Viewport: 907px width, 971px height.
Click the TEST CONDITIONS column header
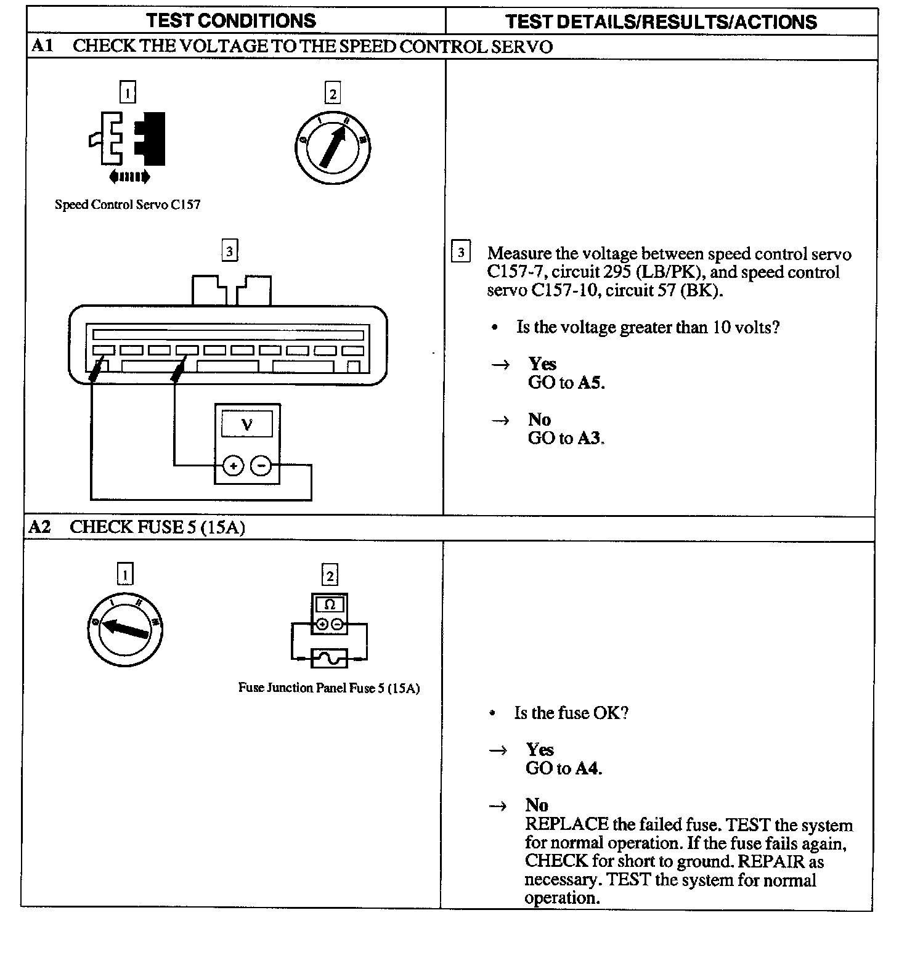pos(231,21)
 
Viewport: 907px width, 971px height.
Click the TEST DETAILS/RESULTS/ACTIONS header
pos(661,22)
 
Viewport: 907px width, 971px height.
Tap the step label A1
pos(42,46)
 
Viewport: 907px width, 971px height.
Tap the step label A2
pos(39,527)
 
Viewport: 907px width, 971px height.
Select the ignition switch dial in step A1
pos(333,148)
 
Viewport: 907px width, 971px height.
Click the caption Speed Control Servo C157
pos(128,205)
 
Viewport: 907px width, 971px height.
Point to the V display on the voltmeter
pos(247,425)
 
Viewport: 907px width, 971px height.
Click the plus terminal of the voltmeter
pos(233,466)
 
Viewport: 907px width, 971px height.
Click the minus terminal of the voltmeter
pos(261,466)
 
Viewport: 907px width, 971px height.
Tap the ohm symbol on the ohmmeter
pos(330,605)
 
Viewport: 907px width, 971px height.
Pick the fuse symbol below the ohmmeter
pos(330,658)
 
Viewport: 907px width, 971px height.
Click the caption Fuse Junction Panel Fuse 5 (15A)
pos(329,688)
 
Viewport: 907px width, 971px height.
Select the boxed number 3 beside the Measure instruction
pos(461,253)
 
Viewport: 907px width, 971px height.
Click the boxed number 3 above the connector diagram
pos(229,251)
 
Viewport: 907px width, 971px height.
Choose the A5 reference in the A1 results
pos(591,383)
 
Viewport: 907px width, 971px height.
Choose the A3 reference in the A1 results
pos(591,438)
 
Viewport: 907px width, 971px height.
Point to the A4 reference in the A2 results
pos(588,768)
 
